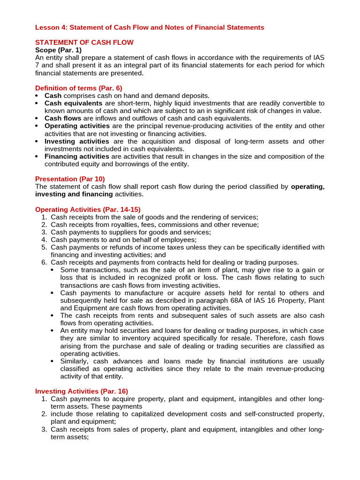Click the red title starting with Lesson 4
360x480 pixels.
click(x=150, y=28)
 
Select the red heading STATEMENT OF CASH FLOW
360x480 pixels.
click(x=84, y=43)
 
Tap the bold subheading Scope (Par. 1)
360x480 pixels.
click(x=58, y=50)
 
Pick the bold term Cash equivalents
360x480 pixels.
click(x=74, y=103)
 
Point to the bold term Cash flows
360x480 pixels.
click(x=63, y=119)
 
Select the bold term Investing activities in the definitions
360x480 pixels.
click(x=77, y=141)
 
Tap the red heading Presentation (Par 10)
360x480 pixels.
click(x=70, y=179)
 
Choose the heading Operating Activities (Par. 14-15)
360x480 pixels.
click(x=88, y=210)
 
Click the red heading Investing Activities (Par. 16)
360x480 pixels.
click(x=82, y=391)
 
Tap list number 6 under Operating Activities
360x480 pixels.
click(x=44, y=262)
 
